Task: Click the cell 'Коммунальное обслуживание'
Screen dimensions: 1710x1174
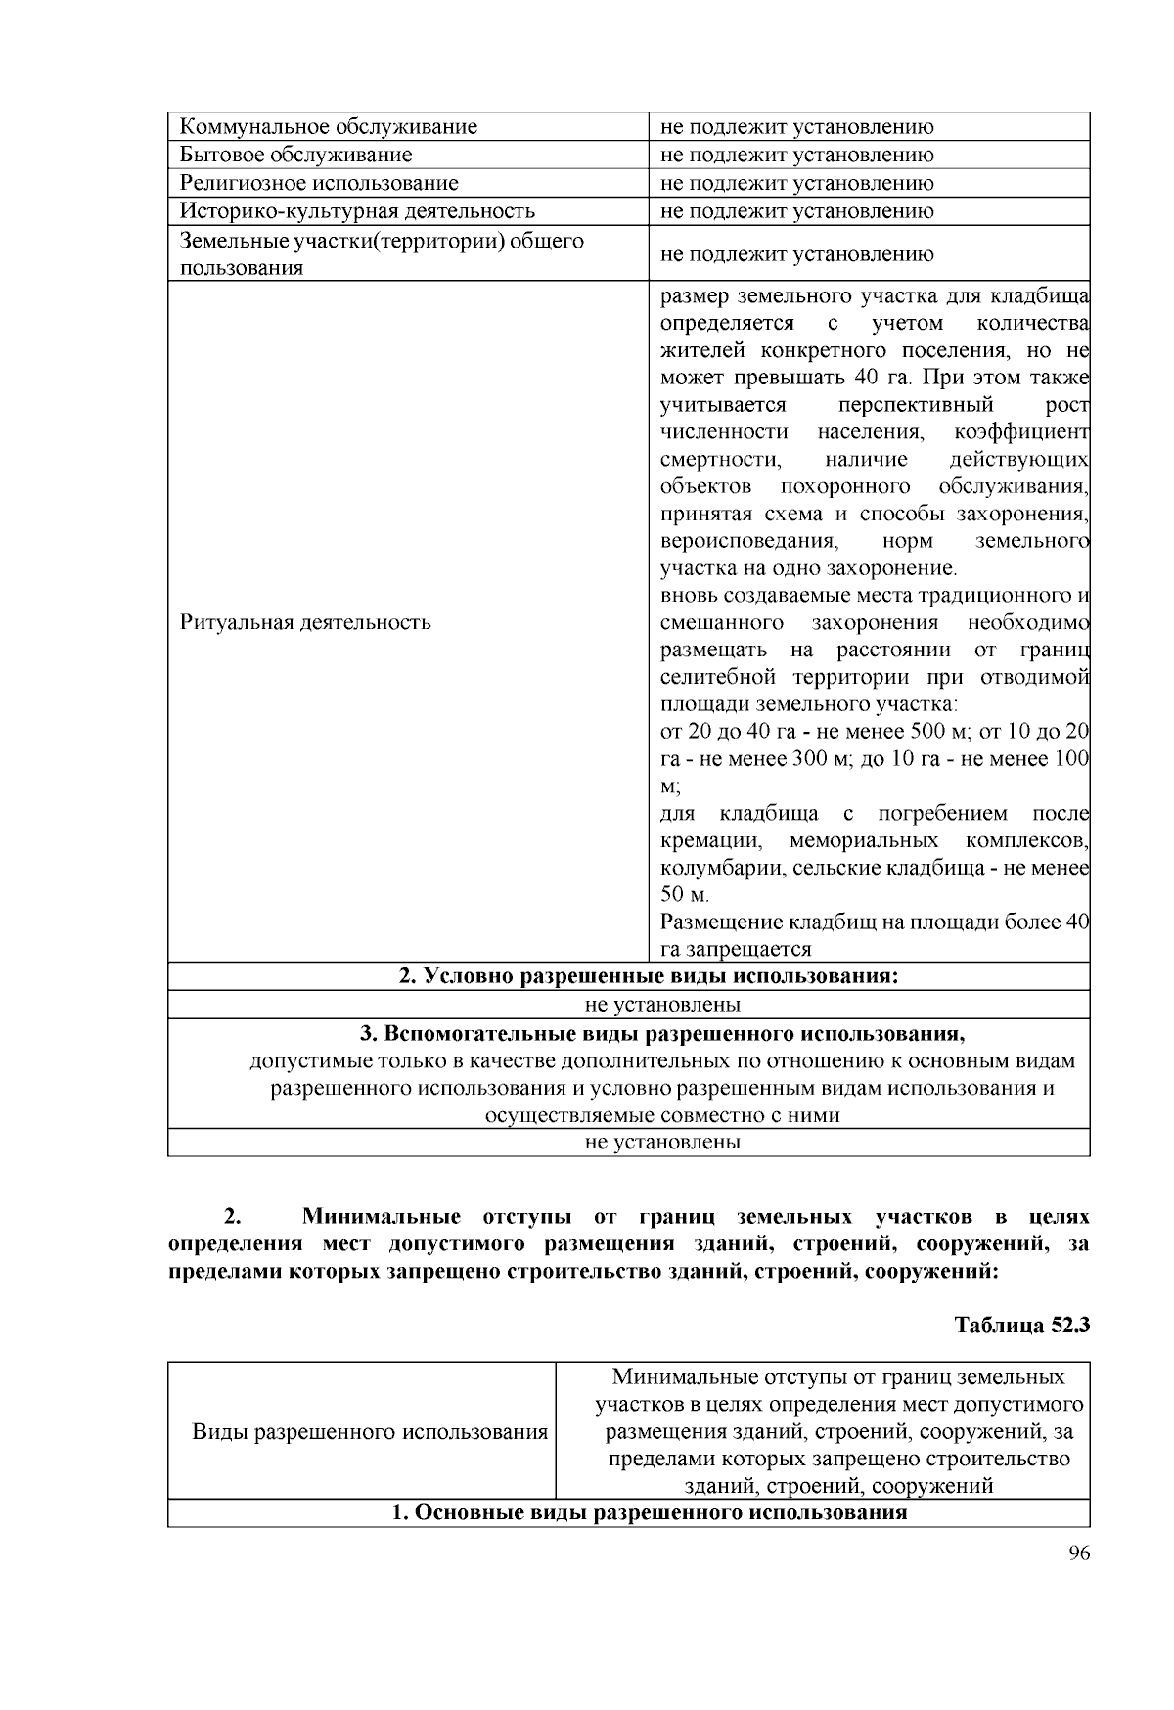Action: [x=329, y=126]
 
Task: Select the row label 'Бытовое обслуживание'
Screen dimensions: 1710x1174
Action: [x=295, y=155]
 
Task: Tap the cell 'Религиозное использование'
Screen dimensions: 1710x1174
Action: [x=319, y=183]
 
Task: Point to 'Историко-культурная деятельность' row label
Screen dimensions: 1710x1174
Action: [x=357, y=210]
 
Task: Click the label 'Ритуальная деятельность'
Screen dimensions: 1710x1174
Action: [x=305, y=622]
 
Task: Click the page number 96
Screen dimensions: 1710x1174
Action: [x=1079, y=1555]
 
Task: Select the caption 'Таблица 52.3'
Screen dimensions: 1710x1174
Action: [x=1021, y=1326]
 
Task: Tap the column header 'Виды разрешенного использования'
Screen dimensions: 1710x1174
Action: [x=370, y=1432]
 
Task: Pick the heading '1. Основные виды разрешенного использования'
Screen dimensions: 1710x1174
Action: [x=650, y=1513]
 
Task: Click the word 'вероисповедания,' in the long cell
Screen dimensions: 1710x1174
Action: [x=747, y=541]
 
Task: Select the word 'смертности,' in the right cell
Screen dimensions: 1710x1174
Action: [x=720, y=459]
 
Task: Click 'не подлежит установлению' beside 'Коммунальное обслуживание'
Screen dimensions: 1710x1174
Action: [x=797, y=126]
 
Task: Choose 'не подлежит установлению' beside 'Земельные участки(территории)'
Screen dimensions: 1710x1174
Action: [x=797, y=254]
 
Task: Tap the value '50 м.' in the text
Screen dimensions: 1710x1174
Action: [x=685, y=894]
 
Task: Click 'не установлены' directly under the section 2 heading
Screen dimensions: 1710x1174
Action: [x=662, y=1004]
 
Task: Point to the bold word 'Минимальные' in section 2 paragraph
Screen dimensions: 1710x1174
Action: [x=382, y=1217]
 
